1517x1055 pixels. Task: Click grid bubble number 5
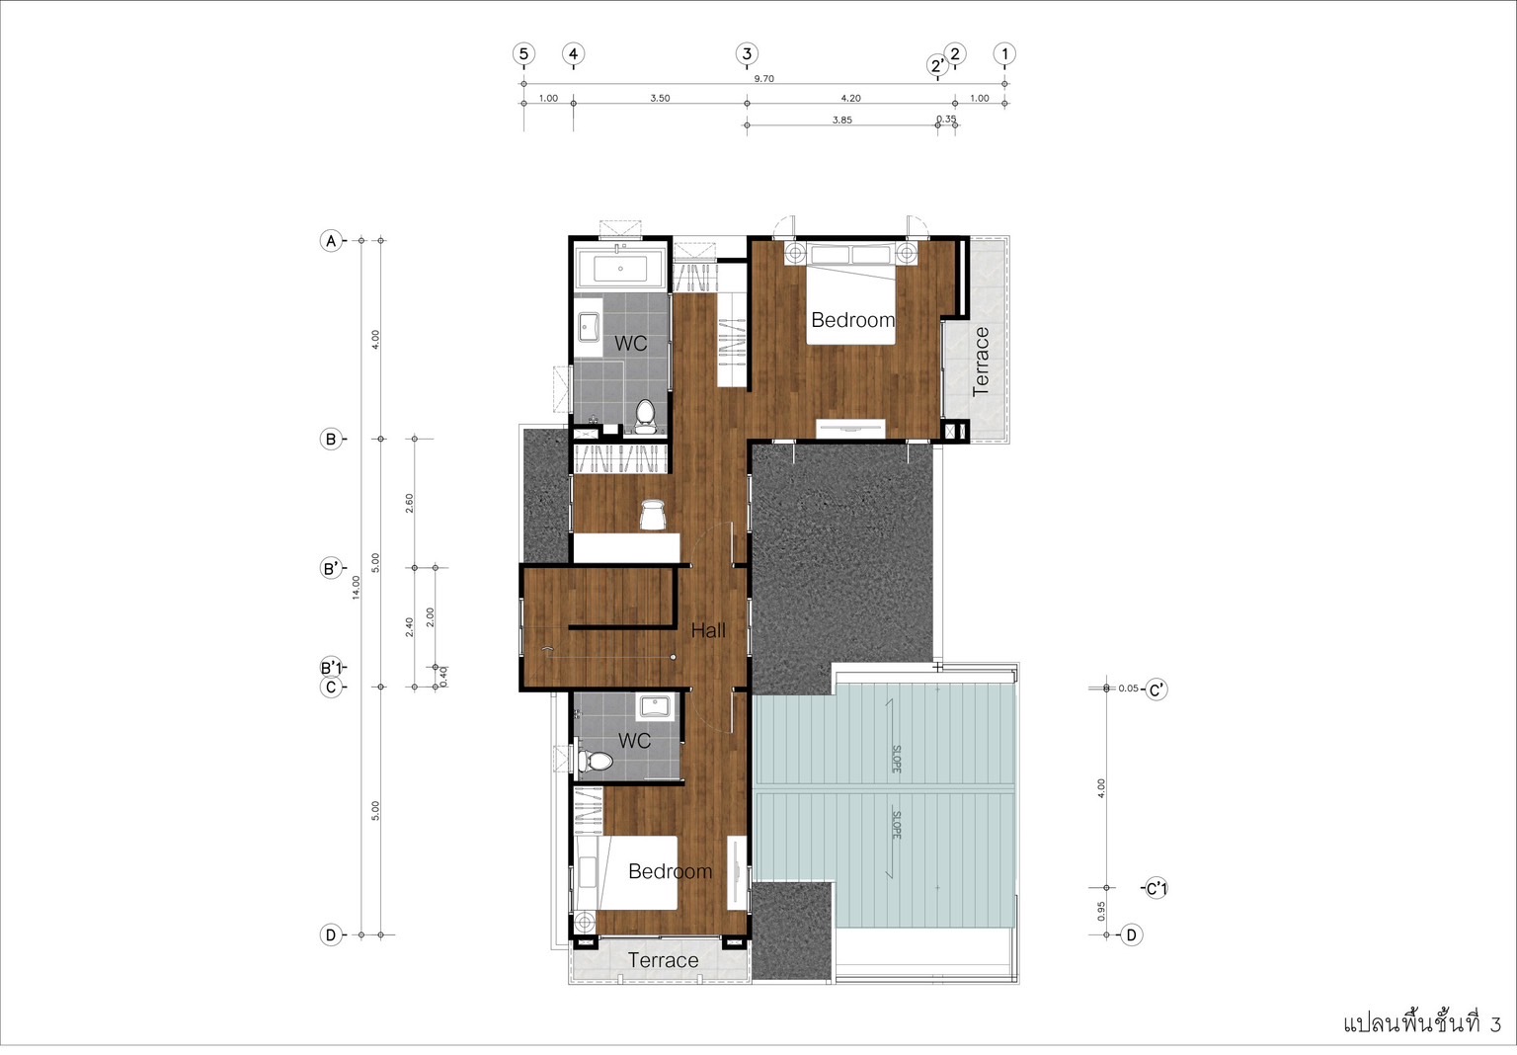523,53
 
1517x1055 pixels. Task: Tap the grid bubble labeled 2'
937,65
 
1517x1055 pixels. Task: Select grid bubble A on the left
331,240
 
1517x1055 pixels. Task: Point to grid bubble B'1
331,668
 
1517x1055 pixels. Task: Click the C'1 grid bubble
1157,888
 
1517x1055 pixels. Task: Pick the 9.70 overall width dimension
763,79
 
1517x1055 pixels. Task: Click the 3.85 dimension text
841,120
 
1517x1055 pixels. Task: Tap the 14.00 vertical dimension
357,587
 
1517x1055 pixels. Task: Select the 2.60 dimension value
409,503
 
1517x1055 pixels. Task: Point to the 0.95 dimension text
1101,911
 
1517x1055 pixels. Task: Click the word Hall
708,630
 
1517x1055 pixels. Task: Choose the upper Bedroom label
852,320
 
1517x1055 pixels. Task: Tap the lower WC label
634,740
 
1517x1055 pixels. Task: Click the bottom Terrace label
663,960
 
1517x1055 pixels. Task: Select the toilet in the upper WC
645,416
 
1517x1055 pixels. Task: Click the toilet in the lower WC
595,761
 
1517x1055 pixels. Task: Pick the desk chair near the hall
653,515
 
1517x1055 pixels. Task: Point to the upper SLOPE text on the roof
896,759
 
